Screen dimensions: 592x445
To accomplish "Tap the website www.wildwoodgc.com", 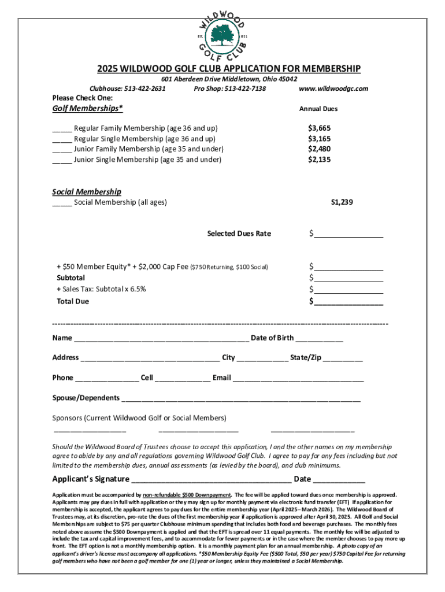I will point(333,88).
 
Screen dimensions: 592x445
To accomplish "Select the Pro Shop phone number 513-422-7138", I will point(244,88).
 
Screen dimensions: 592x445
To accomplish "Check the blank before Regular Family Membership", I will point(62,128).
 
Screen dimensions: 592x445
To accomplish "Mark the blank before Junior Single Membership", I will point(62,160).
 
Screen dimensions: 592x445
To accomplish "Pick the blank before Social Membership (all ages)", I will point(62,202).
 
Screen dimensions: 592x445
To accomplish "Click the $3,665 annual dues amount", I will point(319,128).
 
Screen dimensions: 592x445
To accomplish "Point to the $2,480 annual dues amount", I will point(319,149).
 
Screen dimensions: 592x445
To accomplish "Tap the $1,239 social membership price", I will point(342,202).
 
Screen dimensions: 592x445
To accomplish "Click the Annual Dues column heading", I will point(318,109).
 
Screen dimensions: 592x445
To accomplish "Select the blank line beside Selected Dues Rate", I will point(348,235).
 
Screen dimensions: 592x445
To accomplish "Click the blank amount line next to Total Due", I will point(348,302).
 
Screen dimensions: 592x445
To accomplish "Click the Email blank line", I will point(298,379).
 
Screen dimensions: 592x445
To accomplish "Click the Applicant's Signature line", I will point(212,480).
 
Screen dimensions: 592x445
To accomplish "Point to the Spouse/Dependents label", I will point(86,398).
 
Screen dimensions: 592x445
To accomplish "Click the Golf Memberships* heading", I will point(87,108).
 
